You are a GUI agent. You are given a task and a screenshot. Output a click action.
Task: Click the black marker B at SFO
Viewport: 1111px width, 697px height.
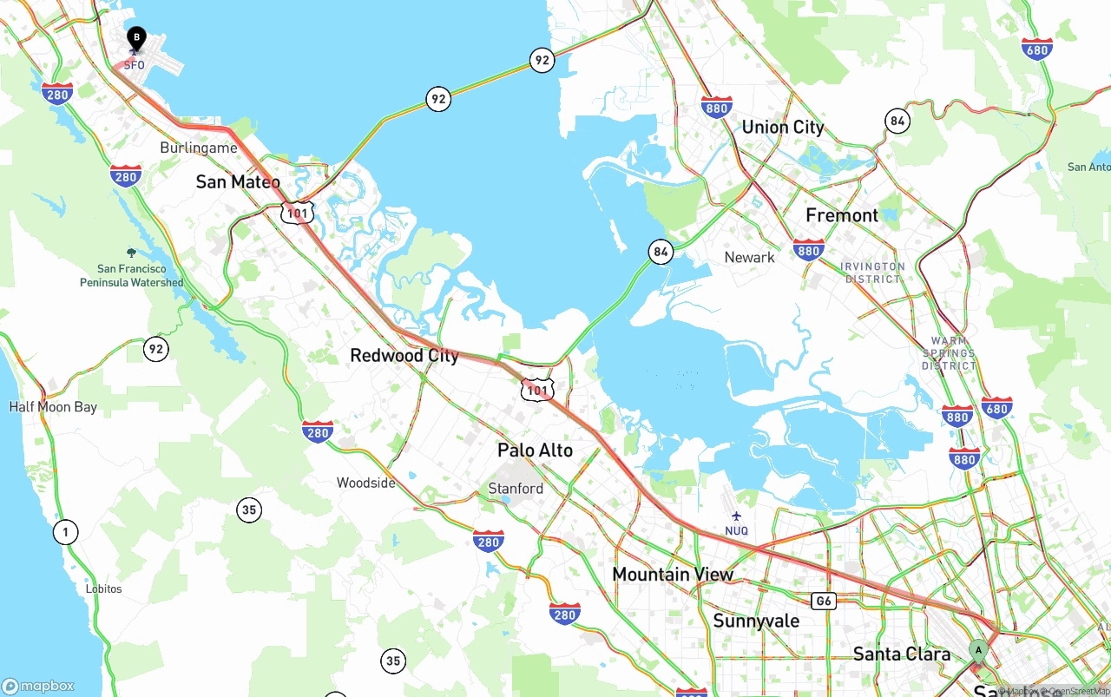point(136,38)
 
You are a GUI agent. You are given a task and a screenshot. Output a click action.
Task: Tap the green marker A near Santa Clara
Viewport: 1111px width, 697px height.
point(978,650)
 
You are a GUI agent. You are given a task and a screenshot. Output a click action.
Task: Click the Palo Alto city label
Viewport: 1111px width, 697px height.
point(535,450)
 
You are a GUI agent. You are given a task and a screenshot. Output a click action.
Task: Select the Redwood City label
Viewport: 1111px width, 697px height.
point(404,355)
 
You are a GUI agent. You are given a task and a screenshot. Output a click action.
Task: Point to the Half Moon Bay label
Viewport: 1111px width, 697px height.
point(53,406)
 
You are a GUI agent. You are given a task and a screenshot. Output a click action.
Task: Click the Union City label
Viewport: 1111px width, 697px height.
point(782,127)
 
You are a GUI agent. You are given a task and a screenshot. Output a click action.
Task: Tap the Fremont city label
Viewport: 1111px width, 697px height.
point(842,214)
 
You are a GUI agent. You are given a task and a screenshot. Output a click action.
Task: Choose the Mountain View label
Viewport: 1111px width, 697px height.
point(673,574)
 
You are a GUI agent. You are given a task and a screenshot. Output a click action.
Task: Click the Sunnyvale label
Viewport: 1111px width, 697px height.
point(756,621)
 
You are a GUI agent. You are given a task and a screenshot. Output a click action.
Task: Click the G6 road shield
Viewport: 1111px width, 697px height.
point(824,601)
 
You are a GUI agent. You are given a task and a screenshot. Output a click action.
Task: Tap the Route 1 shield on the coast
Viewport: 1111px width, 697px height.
point(66,531)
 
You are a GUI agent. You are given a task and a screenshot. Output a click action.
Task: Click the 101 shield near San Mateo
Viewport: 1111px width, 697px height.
point(297,211)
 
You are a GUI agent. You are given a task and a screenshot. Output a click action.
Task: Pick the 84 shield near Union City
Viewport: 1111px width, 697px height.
point(897,121)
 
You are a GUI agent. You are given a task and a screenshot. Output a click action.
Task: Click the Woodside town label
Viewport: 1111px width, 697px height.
point(365,483)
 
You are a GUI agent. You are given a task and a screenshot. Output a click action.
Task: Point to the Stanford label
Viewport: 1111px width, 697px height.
point(516,488)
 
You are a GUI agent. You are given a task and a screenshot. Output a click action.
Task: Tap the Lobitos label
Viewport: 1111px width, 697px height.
point(103,589)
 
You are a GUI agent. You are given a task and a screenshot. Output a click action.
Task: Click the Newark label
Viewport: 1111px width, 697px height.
point(749,257)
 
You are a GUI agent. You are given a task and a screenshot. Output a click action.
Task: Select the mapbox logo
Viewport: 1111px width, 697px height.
point(38,686)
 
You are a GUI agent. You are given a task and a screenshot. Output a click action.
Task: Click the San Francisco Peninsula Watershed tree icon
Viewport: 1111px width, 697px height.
point(131,253)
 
